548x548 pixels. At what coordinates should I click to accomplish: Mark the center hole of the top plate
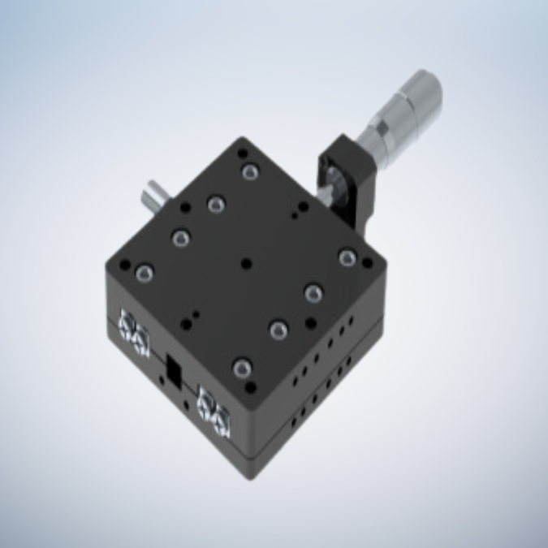(245, 263)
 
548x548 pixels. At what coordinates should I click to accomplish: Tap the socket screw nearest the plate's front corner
(241, 369)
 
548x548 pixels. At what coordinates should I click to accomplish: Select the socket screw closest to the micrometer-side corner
(347, 257)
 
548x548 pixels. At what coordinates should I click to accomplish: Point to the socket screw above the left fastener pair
(145, 274)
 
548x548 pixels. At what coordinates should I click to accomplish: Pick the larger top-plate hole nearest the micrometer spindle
(303, 208)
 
